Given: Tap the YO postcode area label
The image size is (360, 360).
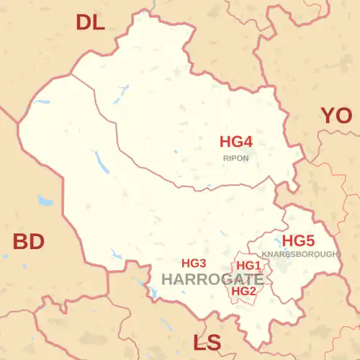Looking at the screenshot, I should (336, 115).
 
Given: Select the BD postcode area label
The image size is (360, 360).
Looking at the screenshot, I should (29, 242).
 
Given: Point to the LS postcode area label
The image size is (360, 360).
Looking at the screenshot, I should (207, 343).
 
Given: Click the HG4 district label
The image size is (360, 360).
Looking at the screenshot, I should (235, 142).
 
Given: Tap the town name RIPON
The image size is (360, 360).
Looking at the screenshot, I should (236, 157).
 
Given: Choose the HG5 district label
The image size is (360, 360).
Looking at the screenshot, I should (297, 240).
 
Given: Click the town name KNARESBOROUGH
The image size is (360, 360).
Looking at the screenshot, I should (300, 255).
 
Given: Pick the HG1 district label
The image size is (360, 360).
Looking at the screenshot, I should (248, 266).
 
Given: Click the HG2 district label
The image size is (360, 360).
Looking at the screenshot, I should (243, 291).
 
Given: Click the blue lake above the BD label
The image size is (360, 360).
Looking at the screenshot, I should (45, 200).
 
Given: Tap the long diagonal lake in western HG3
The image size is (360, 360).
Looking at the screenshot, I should (101, 163).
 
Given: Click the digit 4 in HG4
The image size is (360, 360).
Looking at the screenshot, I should (248, 142).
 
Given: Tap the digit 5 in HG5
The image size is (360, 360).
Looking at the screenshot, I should (310, 240).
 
